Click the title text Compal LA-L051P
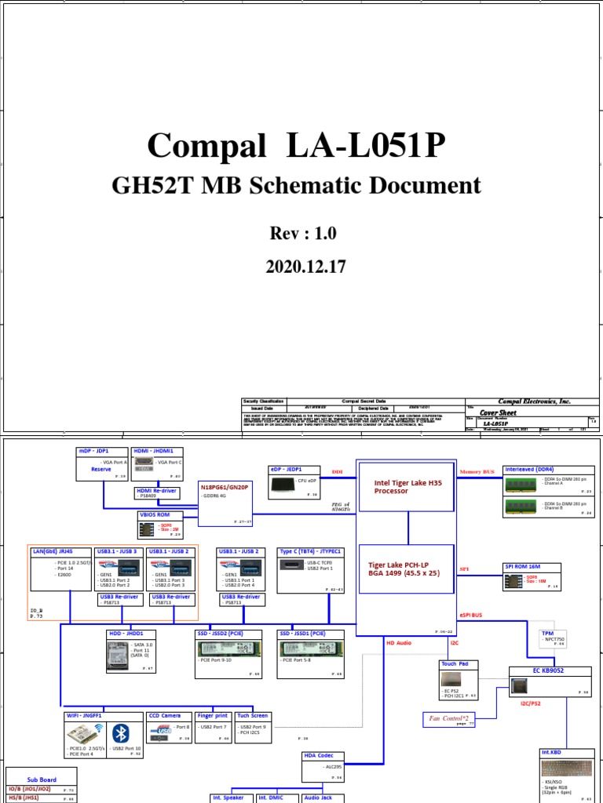(297, 147)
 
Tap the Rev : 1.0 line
(297, 234)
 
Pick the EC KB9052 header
(548, 670)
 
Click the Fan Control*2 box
(450, 718)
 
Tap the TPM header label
(547, 633)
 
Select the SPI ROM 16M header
(521, 565)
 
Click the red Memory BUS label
(477, 472)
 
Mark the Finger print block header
(212, 715)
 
